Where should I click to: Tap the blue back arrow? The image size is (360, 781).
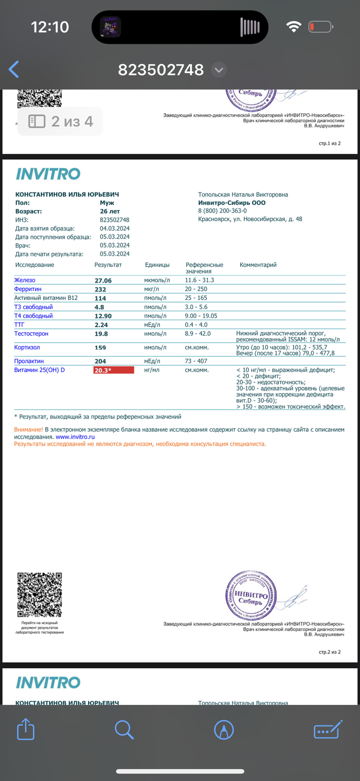(x=14, y=69)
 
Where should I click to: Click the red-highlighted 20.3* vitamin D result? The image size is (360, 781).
(x=113, y=370)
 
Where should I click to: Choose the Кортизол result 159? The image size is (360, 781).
(x=100, y=348)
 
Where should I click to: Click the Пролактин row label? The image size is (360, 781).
(x=29, y=361)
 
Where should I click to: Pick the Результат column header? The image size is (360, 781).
(x=108, y=265)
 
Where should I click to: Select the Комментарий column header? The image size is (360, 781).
(x=258, y=265)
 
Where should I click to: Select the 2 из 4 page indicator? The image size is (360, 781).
(x=60, y=121)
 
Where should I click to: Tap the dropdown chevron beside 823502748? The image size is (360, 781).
(x=219, y=69)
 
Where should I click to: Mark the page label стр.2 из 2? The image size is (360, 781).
(x=330, y=652)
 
